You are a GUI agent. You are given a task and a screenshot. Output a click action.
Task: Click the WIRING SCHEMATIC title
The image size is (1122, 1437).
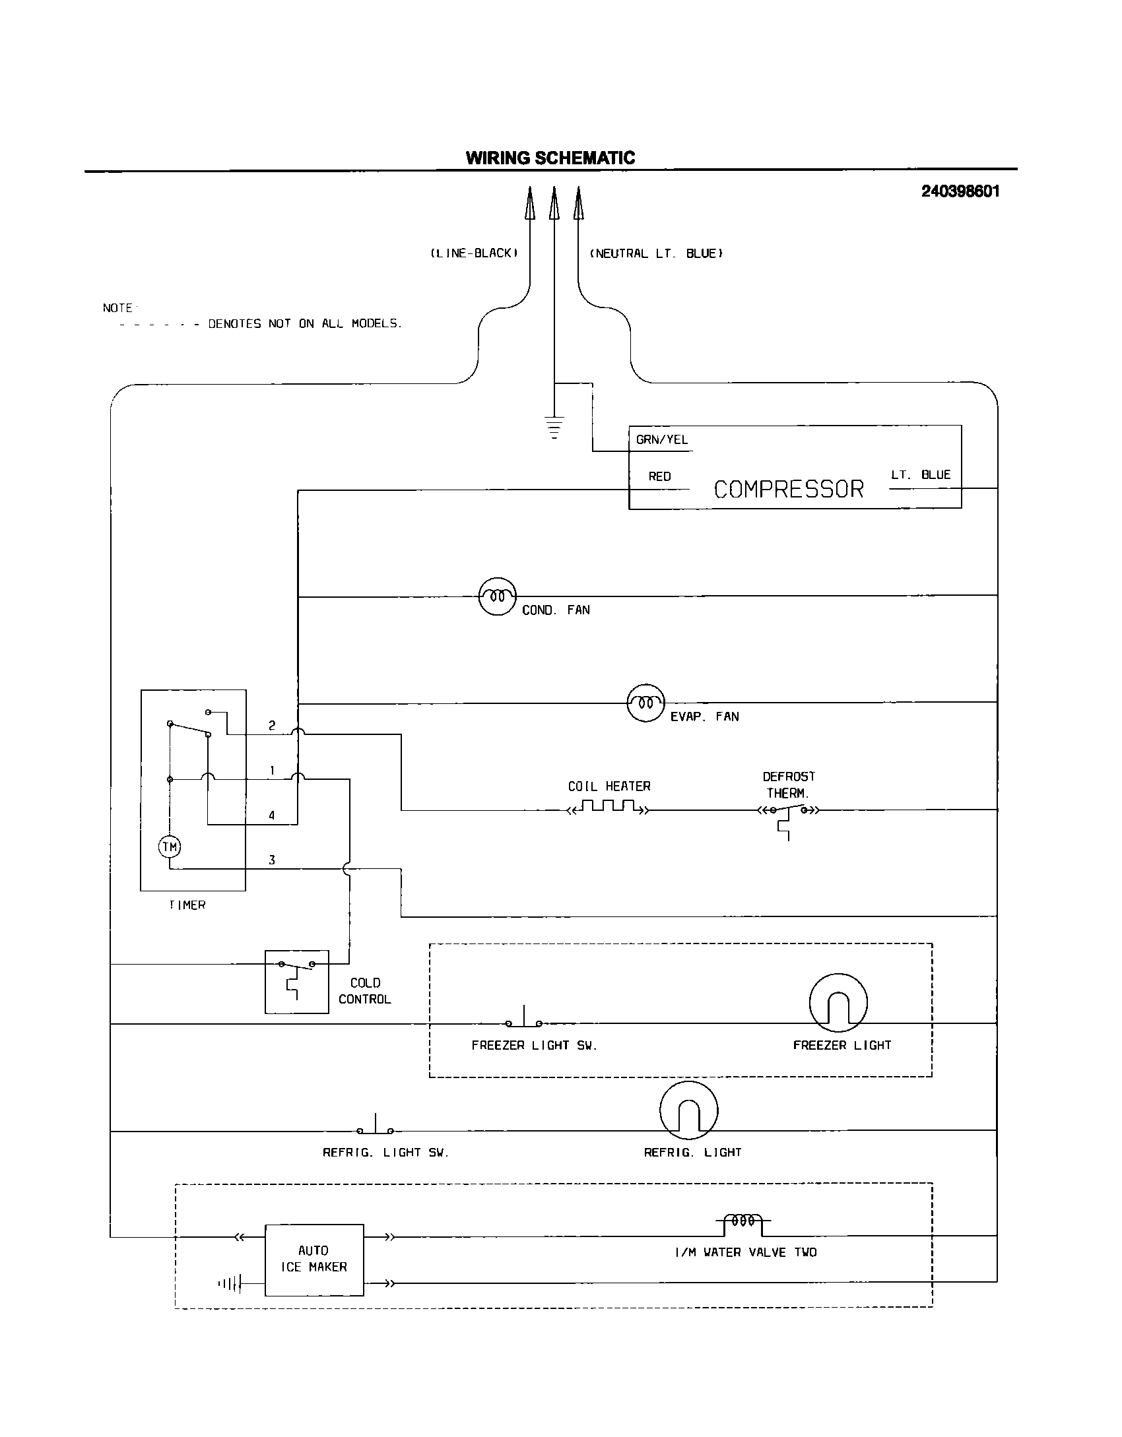pos(550,158)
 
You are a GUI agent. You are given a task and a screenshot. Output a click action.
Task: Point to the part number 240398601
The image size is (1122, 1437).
pos(960,191)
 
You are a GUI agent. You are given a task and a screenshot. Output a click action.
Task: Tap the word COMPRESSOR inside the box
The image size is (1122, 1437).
pos(789,489)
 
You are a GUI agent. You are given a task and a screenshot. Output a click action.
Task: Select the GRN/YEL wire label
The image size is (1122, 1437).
pos(661,440)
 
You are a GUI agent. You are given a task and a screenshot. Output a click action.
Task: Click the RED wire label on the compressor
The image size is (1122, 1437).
pos(659,476)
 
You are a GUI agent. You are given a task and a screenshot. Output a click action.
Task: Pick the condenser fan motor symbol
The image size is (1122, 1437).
pos(496,596)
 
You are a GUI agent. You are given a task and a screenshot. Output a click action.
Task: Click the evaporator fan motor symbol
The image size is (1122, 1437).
pos(645,703)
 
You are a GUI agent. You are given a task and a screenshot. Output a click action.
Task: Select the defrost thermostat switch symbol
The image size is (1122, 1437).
pos(788,812)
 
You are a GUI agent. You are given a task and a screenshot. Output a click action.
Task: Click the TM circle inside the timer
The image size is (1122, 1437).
pos(170,846)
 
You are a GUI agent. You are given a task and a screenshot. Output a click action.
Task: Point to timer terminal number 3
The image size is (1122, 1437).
pos(271,860)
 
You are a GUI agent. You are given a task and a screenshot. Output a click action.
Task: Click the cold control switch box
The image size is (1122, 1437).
pos(296,982)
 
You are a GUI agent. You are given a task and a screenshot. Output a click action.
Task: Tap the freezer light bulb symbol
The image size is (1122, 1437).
pos(838,1003)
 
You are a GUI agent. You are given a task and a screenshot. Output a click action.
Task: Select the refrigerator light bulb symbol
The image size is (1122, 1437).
pos(688,1110)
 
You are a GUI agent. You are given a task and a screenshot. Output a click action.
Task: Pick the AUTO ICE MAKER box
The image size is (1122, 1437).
pos(314,1260)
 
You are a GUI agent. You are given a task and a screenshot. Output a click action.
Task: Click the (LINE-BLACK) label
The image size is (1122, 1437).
pos(474,253)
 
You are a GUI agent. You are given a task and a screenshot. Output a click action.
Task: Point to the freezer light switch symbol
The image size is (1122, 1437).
pos(524,1020)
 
